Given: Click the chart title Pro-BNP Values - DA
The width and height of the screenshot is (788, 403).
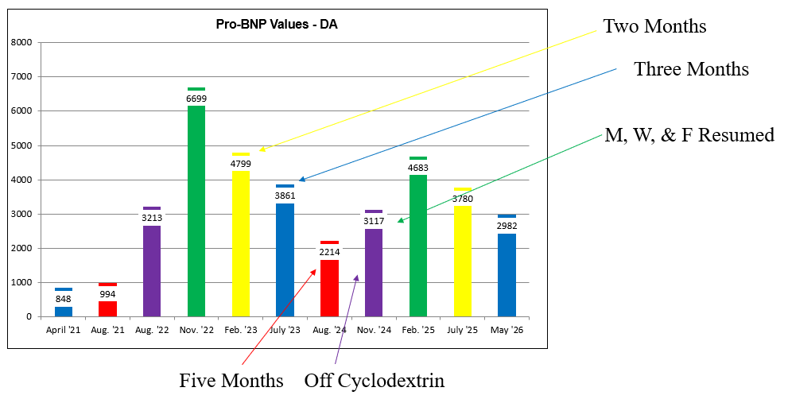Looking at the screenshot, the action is tap(277, 24).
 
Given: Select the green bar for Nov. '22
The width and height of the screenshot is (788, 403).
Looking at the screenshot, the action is tap(196, 202).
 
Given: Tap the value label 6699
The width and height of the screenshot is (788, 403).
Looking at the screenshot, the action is tap(196, 99).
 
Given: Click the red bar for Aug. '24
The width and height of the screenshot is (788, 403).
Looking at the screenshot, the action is tap(330, 279).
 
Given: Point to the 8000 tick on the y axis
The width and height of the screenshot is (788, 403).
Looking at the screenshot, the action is tap(21, 42).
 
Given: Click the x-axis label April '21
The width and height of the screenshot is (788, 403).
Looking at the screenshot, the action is tap(64, 330).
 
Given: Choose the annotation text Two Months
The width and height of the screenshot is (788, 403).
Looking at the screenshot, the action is tap(655, 26).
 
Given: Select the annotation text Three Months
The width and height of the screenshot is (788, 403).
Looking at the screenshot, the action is tap(692, 69).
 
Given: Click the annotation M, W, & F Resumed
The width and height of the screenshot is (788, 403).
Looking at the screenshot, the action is tap(689, 135).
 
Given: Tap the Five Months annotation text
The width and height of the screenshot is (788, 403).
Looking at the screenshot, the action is tap(231, 381).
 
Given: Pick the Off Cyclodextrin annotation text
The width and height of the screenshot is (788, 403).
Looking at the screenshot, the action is tap(375, 381).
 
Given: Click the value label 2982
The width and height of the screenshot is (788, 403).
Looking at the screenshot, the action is tap(507, 226).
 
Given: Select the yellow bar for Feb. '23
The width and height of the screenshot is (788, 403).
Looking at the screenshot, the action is tap(241, 234).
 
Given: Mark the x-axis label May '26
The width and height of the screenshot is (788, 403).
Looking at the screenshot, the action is tap(507, 330).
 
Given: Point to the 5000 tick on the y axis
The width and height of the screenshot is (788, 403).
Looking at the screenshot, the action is tap(21, 145).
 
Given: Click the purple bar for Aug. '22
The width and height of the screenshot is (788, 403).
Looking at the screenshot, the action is tap(152, 262).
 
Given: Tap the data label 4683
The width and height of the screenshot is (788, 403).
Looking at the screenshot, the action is tap(418, 168).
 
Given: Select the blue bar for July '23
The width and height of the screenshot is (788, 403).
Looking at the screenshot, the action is tap(285, 250).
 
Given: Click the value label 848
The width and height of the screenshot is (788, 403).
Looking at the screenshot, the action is tap(64, 299).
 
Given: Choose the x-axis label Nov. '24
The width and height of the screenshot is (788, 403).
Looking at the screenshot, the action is tap(374, 330).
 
